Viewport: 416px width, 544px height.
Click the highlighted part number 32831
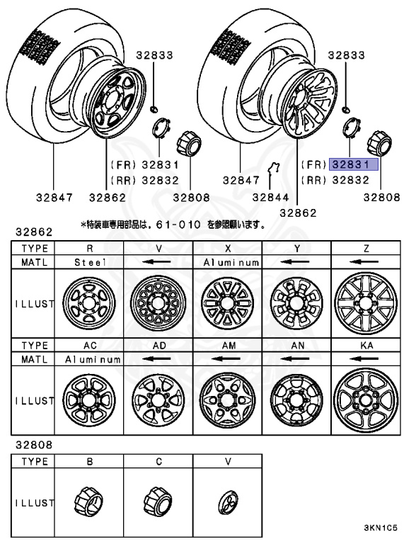coord(354,164)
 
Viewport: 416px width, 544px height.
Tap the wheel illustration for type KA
coord(366,399)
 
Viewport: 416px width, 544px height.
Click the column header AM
coord(228,346)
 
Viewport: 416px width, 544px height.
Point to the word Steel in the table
coord(89,261)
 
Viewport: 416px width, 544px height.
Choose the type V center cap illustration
coord(227,504)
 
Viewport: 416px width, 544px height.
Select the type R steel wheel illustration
coord(89,304)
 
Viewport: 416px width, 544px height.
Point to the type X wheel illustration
coord(228,304)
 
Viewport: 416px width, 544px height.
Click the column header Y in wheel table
coord(297,249)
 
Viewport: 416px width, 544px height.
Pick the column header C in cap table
coord(158,461)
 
